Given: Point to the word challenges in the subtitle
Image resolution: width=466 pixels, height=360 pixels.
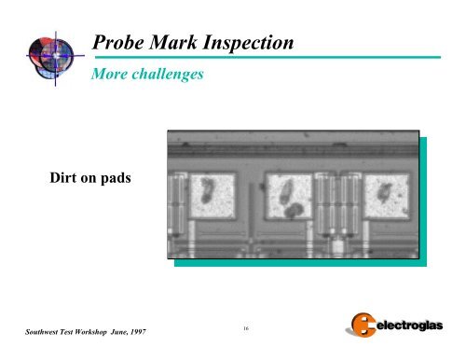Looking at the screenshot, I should tap(169, 74).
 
